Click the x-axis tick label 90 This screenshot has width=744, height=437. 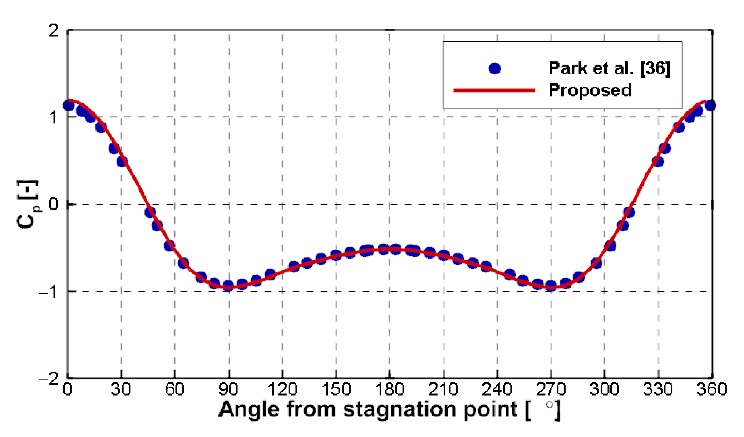[x=228, y=389]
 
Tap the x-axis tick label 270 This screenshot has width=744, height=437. [x=551, y=389]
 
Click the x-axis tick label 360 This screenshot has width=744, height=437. [x=711, y=389]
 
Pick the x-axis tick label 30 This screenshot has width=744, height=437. [x=121, y=389]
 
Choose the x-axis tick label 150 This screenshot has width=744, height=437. [x=336, y=389]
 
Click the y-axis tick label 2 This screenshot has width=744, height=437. [x=54, y=31]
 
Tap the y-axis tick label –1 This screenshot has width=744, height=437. [x=49, y=292]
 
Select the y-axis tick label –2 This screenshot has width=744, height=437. [x=49, y=378]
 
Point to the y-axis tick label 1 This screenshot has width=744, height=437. [x=54, y=117]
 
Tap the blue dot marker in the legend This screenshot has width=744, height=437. [x=494, y=68]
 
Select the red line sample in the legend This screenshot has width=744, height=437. [x=494, y=90]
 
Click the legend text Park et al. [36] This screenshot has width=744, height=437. [x=609, y=68]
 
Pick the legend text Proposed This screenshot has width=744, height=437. [x=590, y=90]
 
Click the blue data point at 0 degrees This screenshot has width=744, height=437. [x=69, y=105]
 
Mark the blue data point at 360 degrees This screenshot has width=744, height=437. [x=710, y=105]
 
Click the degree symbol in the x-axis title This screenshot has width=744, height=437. [x=550, y=405]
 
